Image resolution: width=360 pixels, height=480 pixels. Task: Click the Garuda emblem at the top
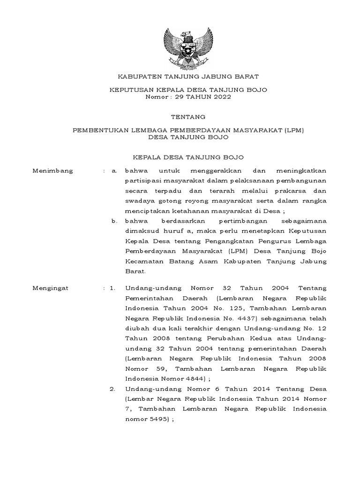click(x=187, y=48)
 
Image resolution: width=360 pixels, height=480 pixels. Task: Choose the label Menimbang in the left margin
click(x=53, y=171)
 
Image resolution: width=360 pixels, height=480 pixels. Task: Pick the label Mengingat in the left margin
click(x=51, y=288)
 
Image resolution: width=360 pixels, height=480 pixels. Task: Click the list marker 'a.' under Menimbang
click(x=114, y=171)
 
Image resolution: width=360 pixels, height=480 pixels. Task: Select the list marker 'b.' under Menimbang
click(x=114, y=220)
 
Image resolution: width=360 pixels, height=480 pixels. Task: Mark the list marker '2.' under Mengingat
click(x=113, y=389)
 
